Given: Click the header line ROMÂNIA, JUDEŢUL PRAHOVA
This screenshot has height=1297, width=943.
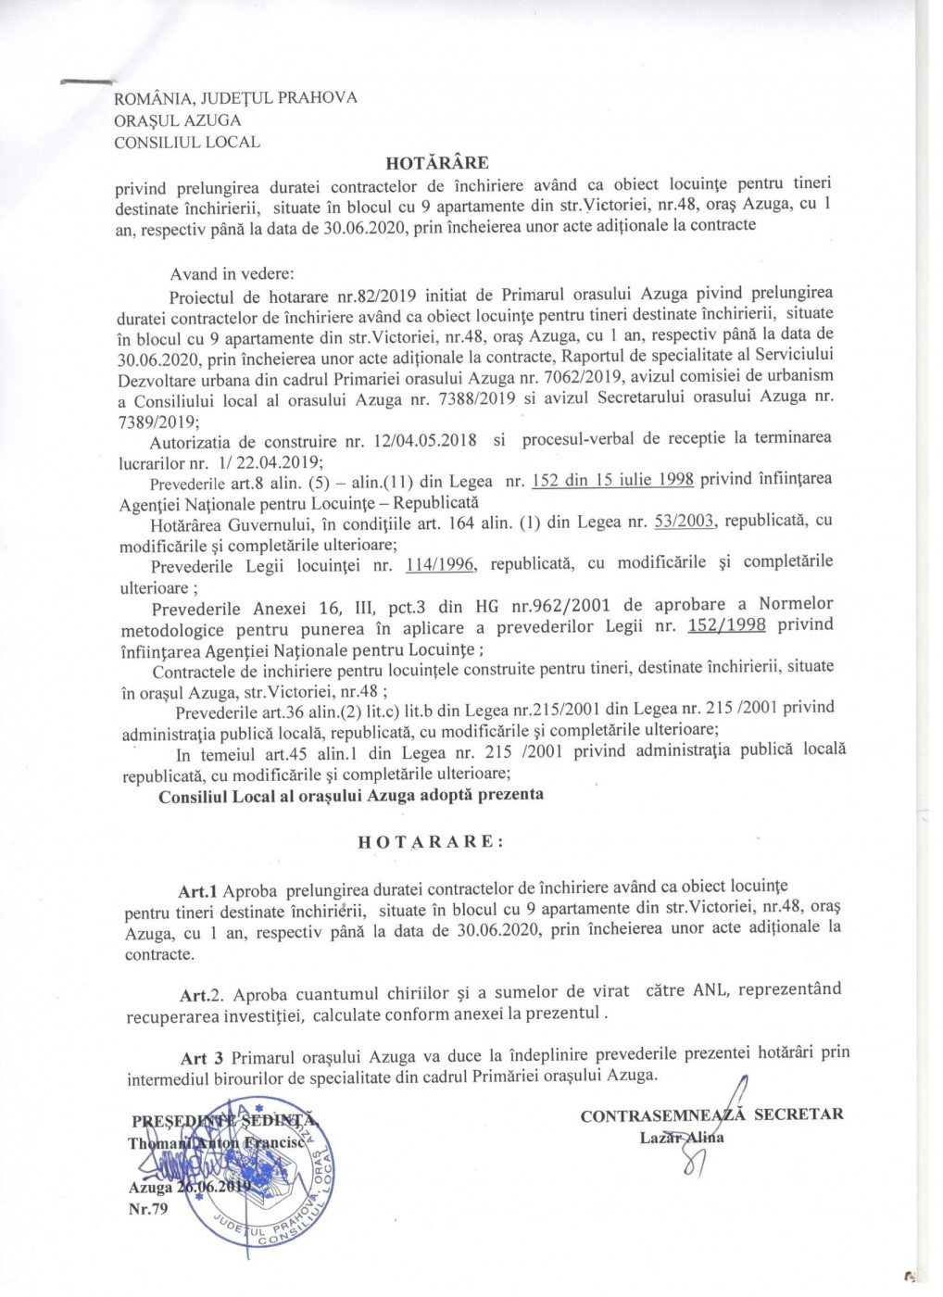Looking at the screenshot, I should (235, 98).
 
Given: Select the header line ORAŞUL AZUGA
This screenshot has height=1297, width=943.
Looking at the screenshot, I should (177, 120).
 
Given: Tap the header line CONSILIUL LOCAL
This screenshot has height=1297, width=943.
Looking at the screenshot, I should (186, 143).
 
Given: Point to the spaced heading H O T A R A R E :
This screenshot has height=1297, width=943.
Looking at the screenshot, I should (431, 842).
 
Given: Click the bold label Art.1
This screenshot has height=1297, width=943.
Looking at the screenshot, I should (197, 891).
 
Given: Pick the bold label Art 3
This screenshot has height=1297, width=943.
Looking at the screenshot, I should (203, 1057).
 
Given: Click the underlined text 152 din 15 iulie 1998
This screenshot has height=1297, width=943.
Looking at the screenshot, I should (613, 480).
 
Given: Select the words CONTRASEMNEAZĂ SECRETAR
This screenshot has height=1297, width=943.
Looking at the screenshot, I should (711, 1115).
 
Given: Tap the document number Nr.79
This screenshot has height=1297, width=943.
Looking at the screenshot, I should (148, 1208).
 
